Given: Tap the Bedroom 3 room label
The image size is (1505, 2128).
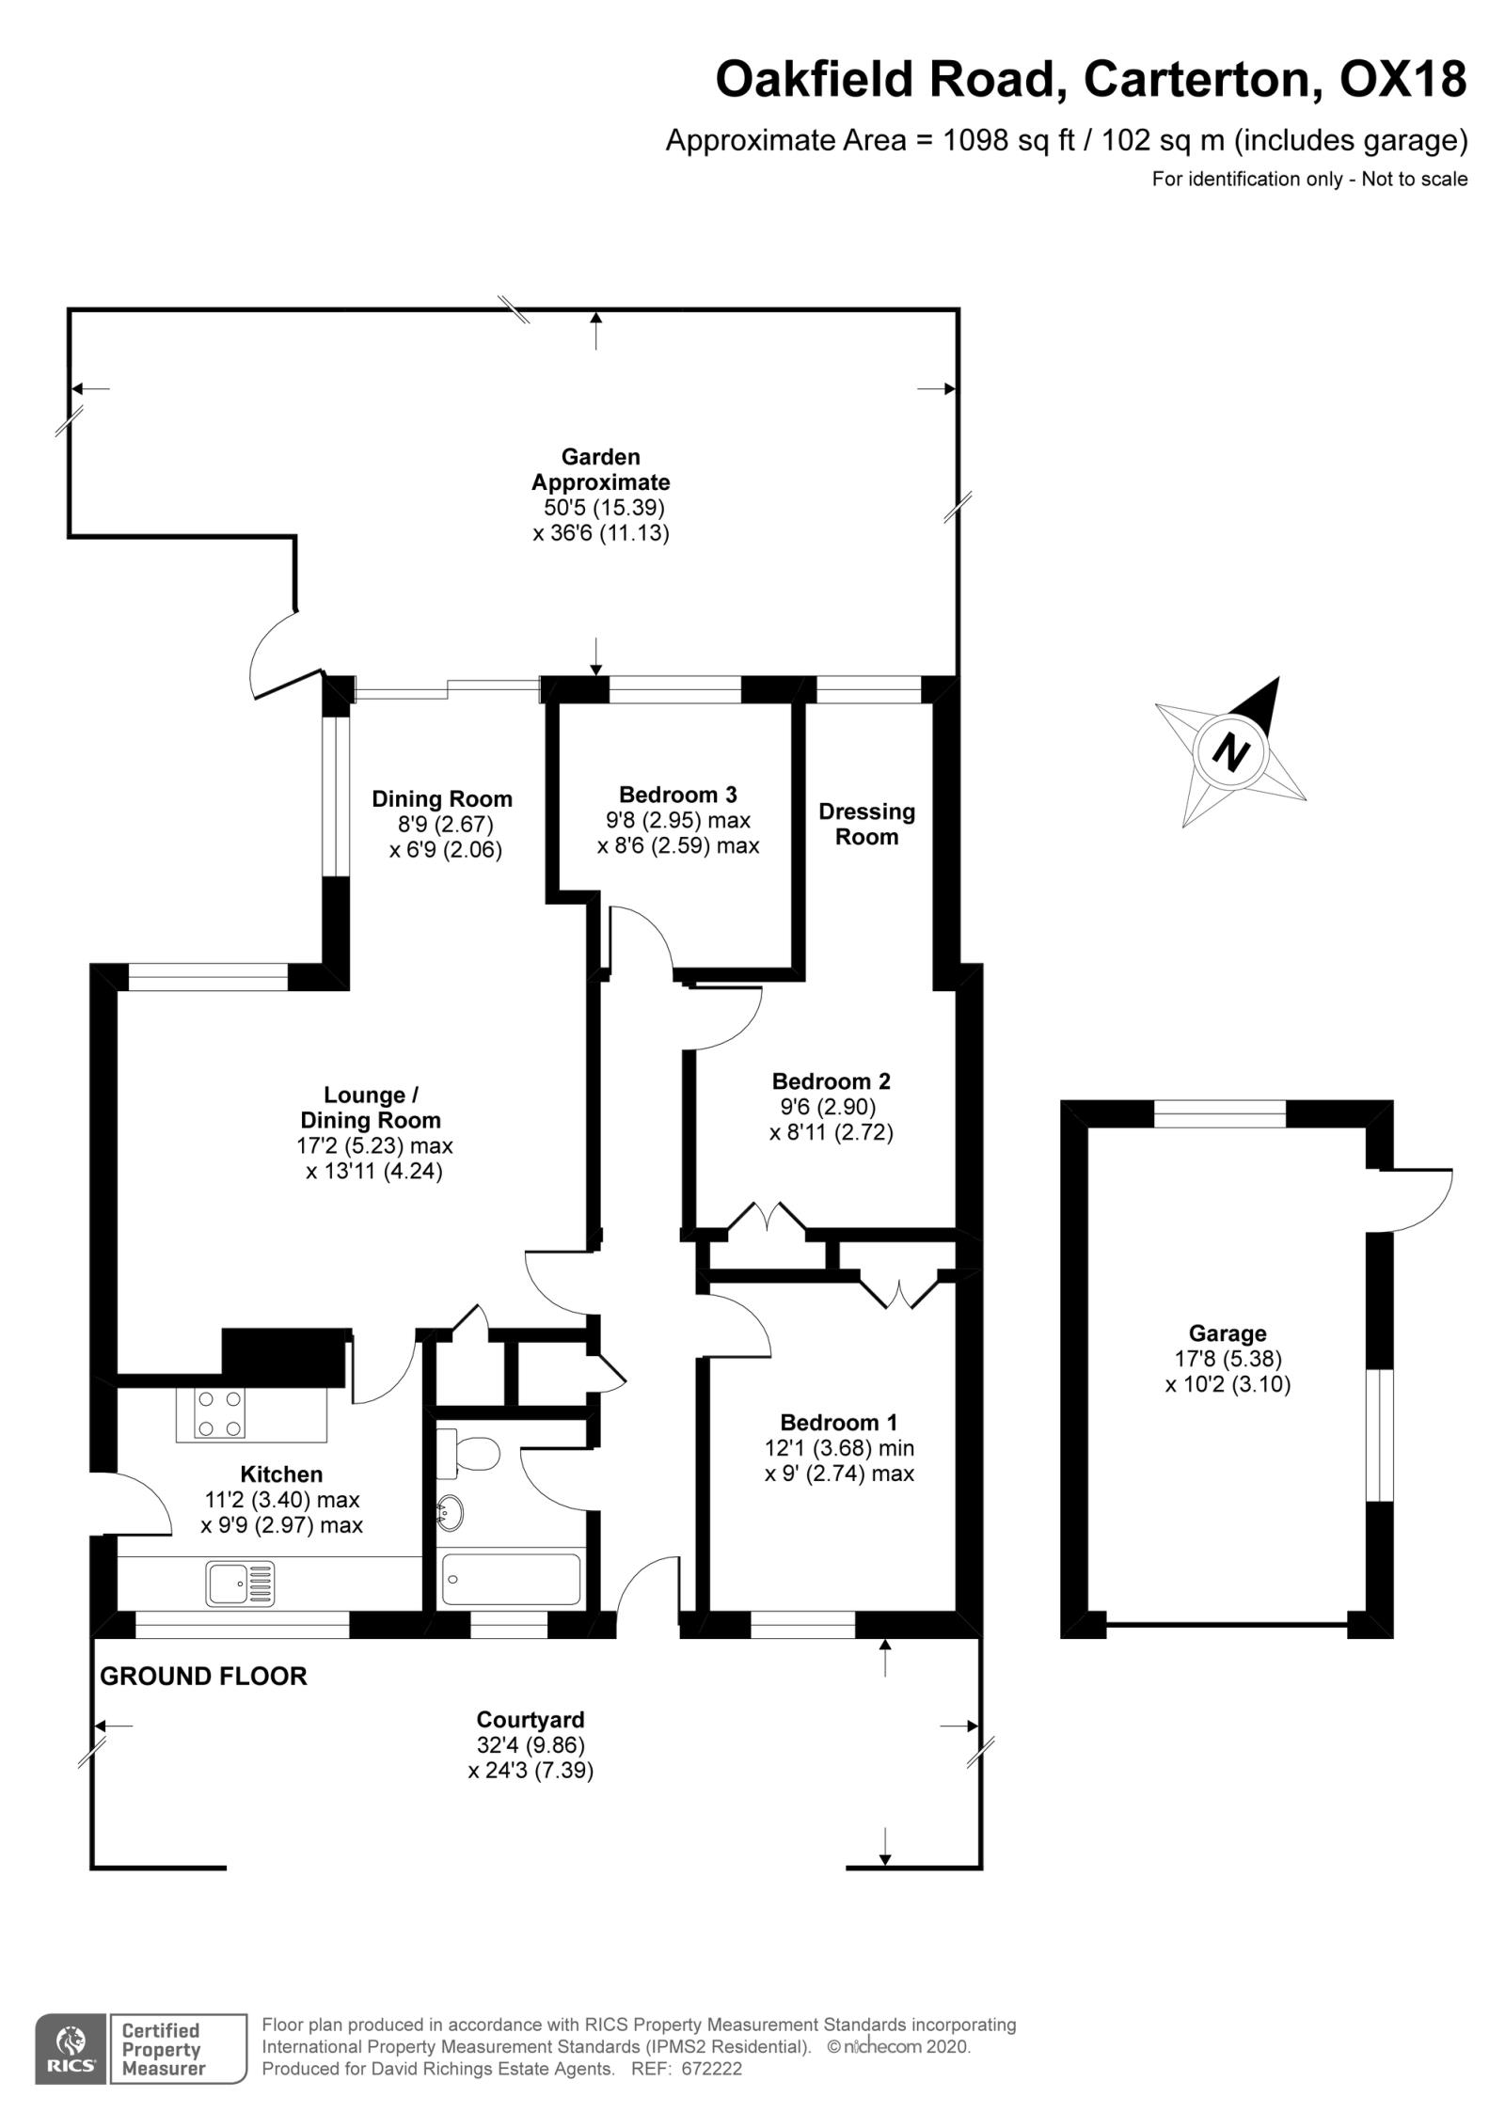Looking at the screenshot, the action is pos(677,794).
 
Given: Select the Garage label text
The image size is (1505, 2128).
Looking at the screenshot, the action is pos(1227,1332).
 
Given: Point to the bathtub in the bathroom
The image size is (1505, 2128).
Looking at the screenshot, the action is pos(512,1580).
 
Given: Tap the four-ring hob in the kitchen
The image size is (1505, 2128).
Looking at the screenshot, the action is pos(218,1413).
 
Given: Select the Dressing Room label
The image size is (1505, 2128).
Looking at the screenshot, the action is pos(866,824).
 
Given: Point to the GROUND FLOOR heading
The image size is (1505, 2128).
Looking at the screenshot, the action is pos(203,1676).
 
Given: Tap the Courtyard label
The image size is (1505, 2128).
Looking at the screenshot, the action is pos(531,1720).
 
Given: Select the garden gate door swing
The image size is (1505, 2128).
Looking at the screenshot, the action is pos(275,654).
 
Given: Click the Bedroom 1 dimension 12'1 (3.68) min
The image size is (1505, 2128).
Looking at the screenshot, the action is pos(839,1448).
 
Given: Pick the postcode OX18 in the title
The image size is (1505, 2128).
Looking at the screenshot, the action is pos(1402,79).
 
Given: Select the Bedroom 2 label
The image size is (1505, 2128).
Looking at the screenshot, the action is pos(831,1080).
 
